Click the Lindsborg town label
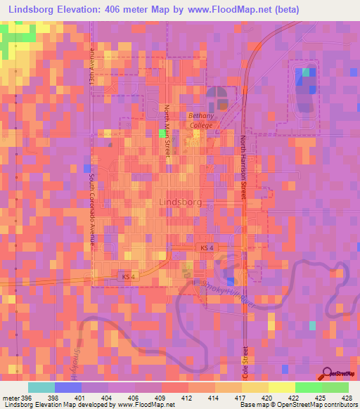181,201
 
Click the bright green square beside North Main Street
162,132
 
